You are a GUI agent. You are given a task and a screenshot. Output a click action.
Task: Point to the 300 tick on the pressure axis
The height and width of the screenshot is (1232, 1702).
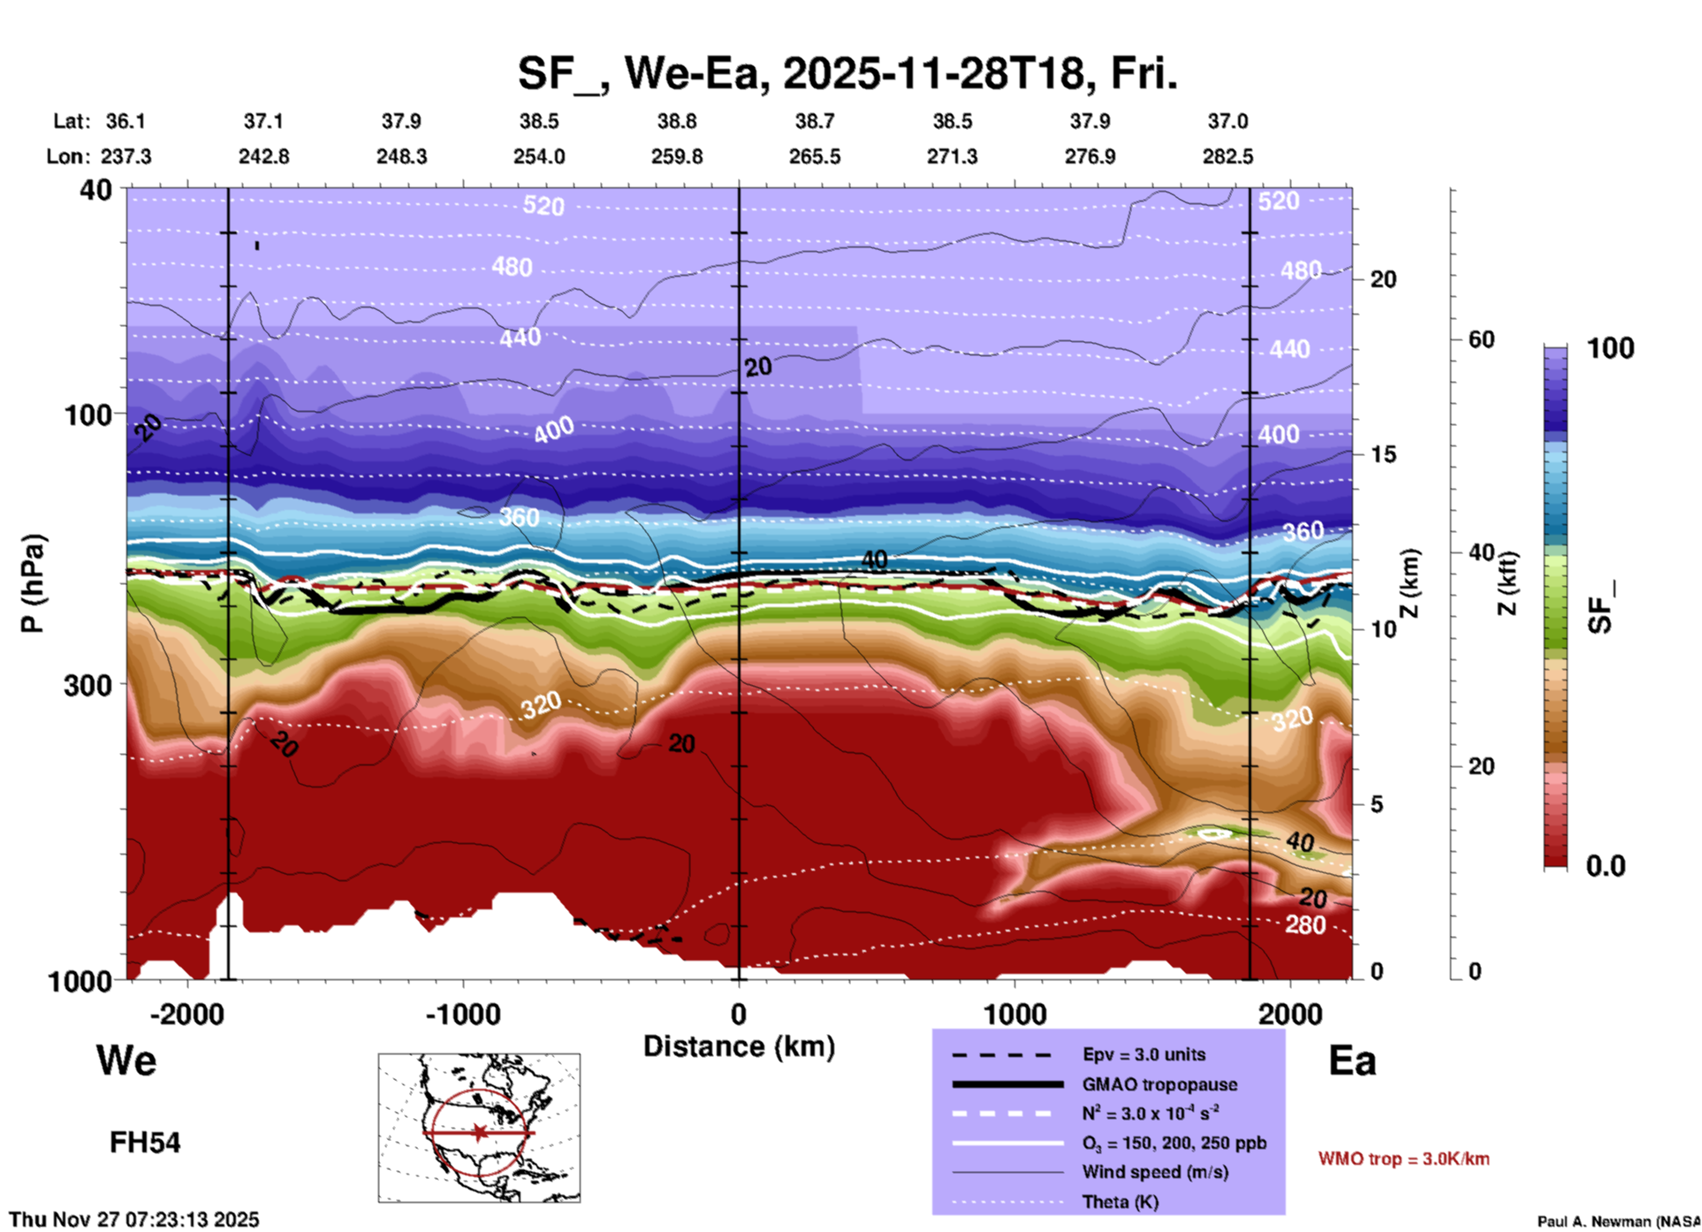point(87,685)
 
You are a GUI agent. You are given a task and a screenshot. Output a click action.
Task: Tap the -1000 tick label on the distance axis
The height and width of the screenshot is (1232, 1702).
point(463,1014)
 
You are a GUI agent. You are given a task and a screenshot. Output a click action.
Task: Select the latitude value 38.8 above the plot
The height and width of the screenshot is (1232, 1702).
point(677,121)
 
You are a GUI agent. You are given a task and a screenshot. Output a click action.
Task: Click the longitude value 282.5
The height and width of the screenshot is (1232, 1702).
point(1227,156)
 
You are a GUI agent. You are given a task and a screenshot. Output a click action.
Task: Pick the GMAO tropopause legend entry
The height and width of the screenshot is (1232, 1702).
point(1159,1084)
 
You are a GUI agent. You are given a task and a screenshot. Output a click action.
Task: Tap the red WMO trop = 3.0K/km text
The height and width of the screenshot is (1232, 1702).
point(1403,1159)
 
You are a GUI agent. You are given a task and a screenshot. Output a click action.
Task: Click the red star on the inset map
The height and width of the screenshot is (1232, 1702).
point(479,1132)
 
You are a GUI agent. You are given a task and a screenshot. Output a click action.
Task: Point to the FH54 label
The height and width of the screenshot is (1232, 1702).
point(145,1143)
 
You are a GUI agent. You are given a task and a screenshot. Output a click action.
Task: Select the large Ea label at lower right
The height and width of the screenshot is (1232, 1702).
point(1352,1061)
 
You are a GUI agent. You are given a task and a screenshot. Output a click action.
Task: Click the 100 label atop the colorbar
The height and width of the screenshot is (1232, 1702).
point(1610,348)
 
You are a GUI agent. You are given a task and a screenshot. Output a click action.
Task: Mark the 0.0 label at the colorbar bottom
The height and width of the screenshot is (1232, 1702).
point(1606,866)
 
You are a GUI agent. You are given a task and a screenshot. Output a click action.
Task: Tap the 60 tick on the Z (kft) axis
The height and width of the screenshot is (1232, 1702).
point(1481,339)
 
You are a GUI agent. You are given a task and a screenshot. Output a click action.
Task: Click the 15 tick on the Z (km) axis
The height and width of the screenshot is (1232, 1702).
point(1383,454)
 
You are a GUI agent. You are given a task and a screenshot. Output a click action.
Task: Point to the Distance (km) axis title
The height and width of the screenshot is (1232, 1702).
point(739,1046)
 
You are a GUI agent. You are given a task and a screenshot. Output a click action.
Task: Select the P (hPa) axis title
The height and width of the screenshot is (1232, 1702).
point(33,583)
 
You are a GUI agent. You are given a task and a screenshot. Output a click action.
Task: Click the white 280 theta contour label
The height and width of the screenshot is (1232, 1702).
point(1305,925)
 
